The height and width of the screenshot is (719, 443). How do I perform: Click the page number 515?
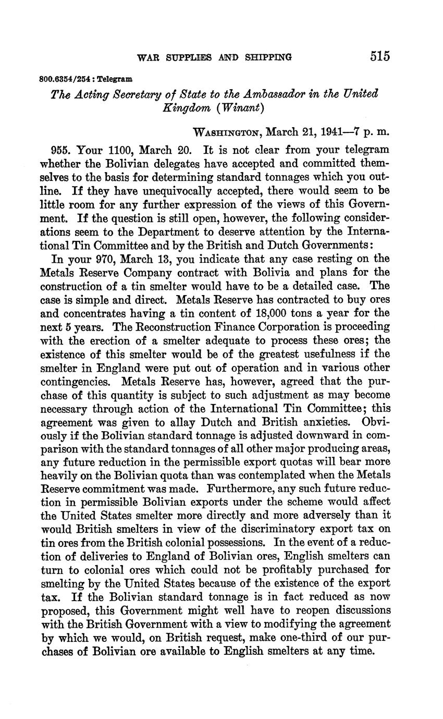(x=380, y=56)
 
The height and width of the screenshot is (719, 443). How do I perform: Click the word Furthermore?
(x=241, y=490)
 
